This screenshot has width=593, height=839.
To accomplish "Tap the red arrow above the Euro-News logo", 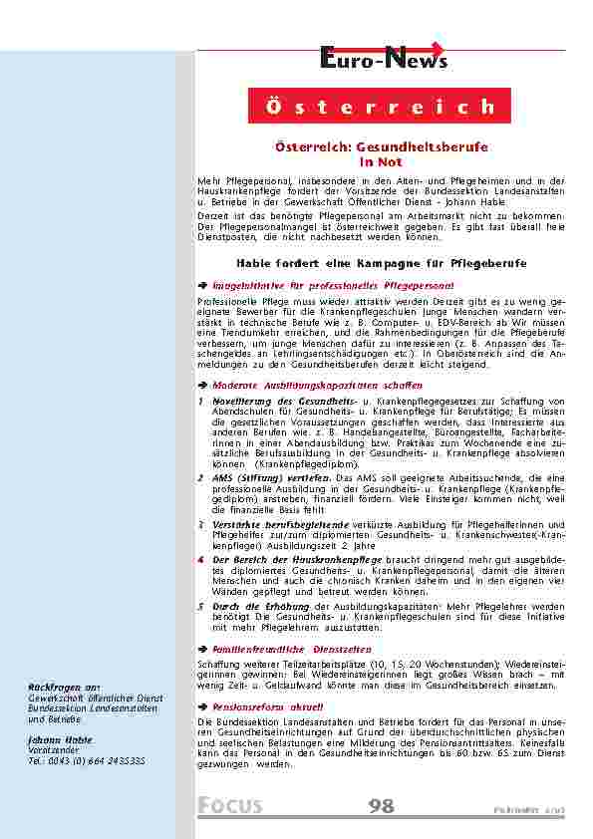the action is pos(433,48).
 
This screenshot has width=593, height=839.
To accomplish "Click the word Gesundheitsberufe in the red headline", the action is pos(429,146).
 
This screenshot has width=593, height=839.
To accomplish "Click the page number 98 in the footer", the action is pos(381,805).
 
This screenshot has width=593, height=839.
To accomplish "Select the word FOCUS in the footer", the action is pos(230,805).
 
